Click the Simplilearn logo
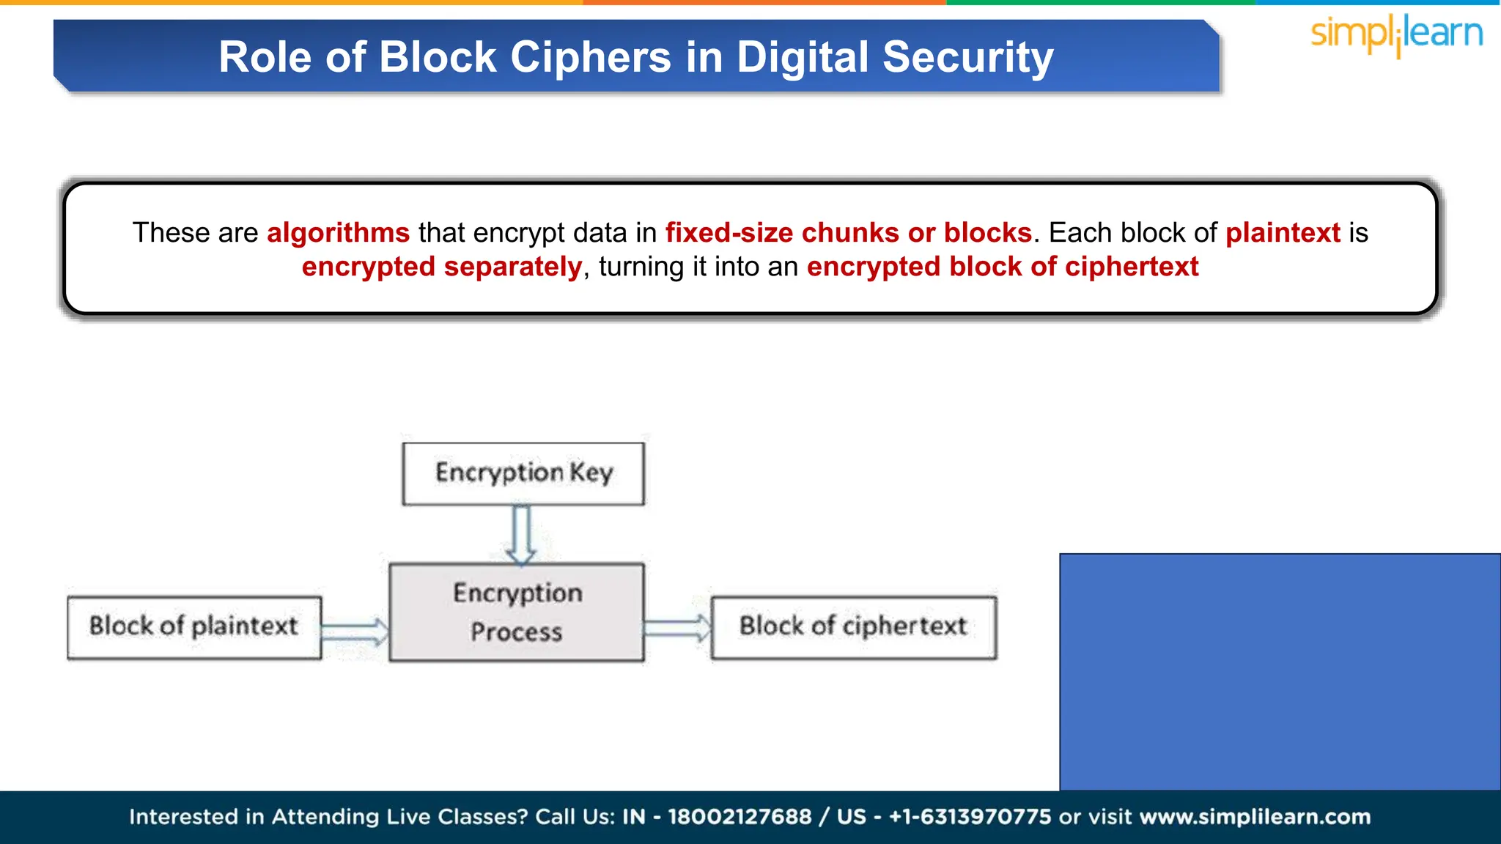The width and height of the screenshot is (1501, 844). (1396, 34)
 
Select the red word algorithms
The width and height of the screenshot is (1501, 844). (338, 233)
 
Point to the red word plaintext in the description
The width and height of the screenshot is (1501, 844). (1283, 233)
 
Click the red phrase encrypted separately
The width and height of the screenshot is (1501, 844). (441, 267)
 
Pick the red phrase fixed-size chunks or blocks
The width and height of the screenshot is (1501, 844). (848, 233)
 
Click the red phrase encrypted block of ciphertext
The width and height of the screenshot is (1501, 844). (1002, 267)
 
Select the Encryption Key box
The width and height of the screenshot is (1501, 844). (523, 473)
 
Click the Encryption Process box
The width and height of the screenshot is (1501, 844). (517, 612)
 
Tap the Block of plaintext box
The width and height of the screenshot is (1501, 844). (194, 627)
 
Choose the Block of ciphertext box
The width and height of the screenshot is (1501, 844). (854, 627)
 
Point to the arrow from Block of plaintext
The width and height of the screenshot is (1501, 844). (355, 631)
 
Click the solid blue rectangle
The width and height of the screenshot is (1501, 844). (1280, 671)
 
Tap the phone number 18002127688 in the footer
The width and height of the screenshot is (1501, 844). (740, 817)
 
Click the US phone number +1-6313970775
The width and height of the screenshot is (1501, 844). (970, 817)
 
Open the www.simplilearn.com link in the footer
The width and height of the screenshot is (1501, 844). (1255, 817)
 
